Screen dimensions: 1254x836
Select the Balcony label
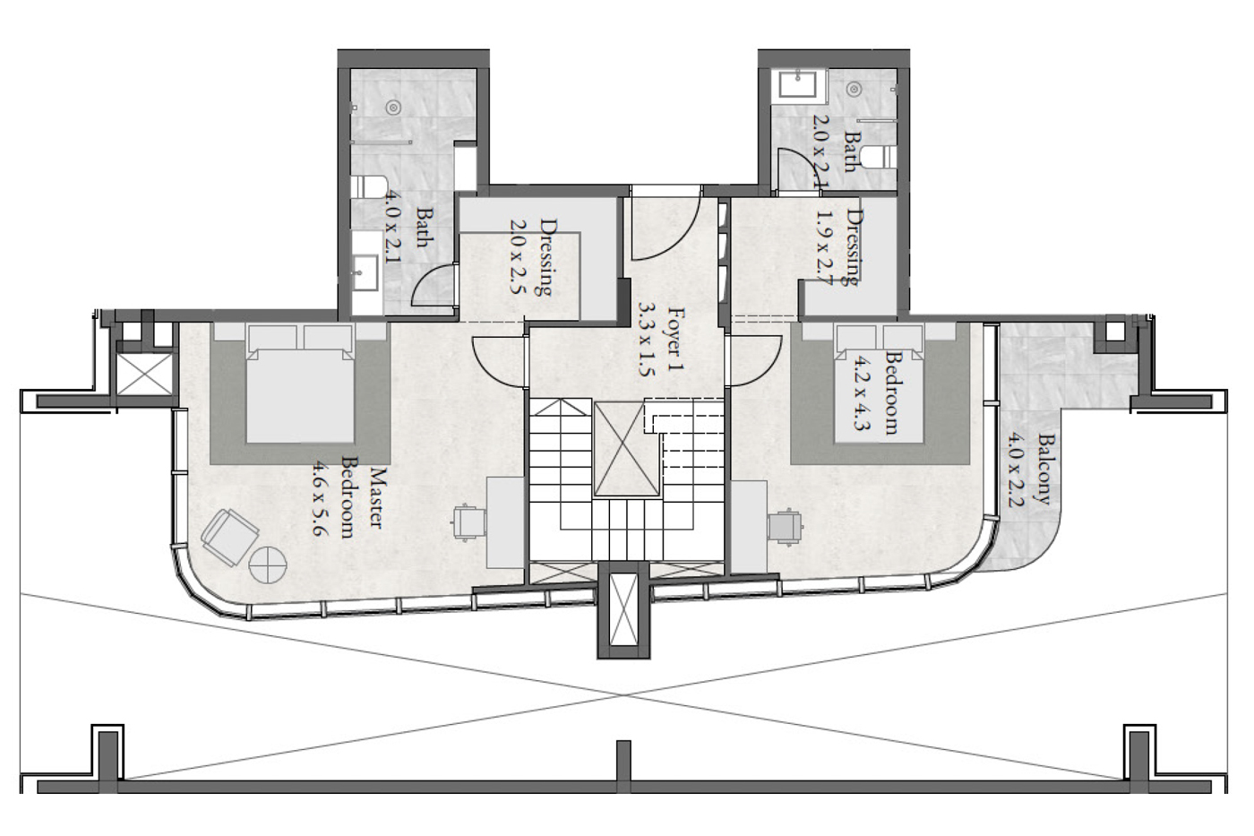coord(1043,470)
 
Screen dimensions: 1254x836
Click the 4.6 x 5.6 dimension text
coord(320,498)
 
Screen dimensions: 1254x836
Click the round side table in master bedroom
coord(268,565)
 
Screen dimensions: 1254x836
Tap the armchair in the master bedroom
coord(229,537)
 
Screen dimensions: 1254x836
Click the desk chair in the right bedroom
coord(785,526)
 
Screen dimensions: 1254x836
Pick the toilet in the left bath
coord(369,187)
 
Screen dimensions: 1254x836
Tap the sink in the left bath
coord(365,272)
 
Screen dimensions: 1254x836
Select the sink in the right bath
coord(798,86)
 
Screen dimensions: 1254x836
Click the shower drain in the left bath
coord(394,107)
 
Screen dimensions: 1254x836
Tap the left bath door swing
coord(434,283)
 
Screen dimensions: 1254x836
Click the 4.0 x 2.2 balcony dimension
coord(1015,471)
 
